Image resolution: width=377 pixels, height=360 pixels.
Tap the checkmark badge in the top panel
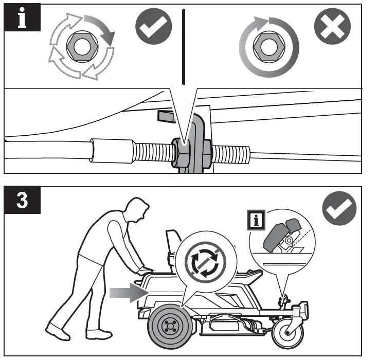(x=153, y=27)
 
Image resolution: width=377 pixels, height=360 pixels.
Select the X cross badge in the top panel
(x=332, y=26)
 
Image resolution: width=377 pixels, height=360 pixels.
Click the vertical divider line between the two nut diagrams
(x=183, y=46)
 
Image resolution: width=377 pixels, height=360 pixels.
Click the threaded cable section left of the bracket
(x=153, y=153)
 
